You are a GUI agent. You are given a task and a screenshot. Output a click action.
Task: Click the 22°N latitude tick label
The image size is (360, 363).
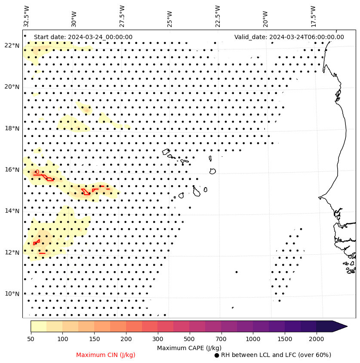12,46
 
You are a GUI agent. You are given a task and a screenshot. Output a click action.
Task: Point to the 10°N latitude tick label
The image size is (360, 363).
12,294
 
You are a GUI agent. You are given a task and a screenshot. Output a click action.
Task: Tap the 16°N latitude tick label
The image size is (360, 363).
12,170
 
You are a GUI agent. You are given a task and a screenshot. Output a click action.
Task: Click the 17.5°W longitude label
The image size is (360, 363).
313,16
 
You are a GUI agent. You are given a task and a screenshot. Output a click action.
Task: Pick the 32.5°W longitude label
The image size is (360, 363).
27,16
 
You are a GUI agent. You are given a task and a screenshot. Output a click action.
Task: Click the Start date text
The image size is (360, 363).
83,37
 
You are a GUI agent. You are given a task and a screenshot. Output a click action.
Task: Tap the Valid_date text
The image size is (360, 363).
289,37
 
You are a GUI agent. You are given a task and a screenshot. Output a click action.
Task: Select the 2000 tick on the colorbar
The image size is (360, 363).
317,339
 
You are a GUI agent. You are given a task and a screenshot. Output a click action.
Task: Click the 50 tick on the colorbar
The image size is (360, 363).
31,339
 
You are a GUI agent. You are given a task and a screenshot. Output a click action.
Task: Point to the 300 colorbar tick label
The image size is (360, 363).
158,339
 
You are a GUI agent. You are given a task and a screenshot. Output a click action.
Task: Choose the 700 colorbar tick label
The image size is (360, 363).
221,339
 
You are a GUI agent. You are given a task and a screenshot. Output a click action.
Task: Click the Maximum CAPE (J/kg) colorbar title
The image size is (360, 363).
189,348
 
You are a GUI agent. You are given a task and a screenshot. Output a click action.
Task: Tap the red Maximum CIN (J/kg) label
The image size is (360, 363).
106,355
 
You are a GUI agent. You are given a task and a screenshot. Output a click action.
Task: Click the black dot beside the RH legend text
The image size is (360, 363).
217,355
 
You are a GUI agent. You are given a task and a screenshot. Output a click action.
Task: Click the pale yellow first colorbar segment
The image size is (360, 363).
38,326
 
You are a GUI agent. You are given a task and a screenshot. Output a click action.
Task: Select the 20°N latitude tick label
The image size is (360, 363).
12,87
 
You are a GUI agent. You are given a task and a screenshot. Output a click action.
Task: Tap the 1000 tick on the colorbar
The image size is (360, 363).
253,339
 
